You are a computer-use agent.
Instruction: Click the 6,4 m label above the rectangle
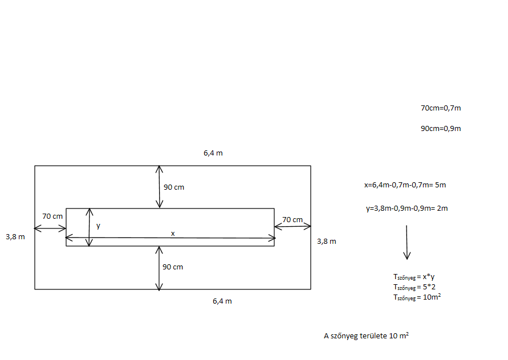pos(213,153)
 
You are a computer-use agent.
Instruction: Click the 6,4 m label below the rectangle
pos(222,301)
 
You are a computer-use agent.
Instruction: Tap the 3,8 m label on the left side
pos(15,236)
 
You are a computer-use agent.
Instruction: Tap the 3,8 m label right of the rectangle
pos(327,241)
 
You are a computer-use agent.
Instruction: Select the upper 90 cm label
pos(174,187)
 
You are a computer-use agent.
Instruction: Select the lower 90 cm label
pos(173,267)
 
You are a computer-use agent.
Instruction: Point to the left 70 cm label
pos(52,216)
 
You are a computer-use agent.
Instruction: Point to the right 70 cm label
pos(292,219)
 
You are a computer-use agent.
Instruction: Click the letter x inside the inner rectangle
pos(173,233)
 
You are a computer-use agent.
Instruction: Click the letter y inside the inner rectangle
pos(98,226)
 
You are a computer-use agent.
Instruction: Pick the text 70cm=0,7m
pos(441,108)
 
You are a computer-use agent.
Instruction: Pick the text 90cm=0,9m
pos(441,128)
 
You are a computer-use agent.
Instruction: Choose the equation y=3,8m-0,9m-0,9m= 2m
pos(407,208)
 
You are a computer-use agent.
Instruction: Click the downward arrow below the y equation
pos(407,242)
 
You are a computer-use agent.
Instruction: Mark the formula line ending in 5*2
pos(414,287)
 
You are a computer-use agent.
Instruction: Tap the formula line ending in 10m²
pos(417,297)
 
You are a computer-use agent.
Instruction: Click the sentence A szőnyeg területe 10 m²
pos(366,336)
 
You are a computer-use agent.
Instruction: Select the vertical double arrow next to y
pos(89,227)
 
